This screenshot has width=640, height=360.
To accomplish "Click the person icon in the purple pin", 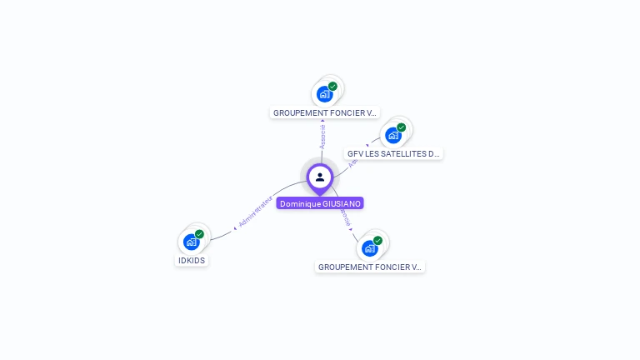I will [x=320, y=177].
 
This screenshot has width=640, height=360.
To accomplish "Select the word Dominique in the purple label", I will [x=299, y=203].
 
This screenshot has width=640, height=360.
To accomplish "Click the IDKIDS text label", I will [x=192, y=260].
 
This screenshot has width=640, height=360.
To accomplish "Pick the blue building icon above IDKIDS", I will [x=192, y=242].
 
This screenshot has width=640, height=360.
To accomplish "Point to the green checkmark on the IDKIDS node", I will [x=199, y=234].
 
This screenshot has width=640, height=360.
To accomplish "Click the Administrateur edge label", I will [x=255, y=212].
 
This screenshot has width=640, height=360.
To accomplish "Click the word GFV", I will [x=356, y=154].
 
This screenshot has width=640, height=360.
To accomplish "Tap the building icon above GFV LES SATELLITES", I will [x=393, y=135].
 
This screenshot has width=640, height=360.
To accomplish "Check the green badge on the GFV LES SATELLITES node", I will [x=401, y=127].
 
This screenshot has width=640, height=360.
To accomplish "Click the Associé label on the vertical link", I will [x=322, y=137].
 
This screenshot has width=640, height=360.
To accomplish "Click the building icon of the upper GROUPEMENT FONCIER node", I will [x=325, y=93].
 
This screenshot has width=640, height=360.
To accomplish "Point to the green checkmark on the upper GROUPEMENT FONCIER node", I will [x=332, y=86].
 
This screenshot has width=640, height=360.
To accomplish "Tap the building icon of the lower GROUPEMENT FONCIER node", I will [x=370, y=247].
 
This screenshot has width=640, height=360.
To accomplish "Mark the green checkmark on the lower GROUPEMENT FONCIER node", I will [x=377, y=240].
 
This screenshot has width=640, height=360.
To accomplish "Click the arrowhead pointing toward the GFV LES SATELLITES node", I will [x=367, y=144].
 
